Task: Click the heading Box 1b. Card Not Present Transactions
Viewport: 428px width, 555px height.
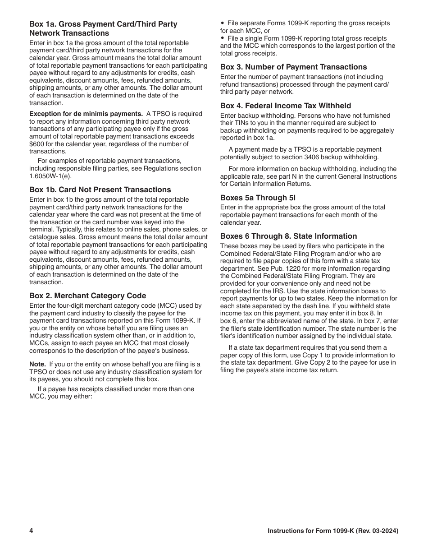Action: [100, 190]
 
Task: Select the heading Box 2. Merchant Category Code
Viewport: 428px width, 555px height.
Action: [88, 296]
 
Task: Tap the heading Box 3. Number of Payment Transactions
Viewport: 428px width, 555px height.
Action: [293, 67]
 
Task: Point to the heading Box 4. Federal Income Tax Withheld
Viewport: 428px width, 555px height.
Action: [286, 106]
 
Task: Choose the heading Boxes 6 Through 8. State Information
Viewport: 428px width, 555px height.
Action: [288, 236]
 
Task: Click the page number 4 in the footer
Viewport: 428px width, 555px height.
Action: [32, 531]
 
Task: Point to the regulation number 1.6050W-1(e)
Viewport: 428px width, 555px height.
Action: [50, 176]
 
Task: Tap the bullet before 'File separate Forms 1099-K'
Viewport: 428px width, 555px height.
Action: [223, 23]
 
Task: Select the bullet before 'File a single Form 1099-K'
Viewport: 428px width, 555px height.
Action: [223, 38]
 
